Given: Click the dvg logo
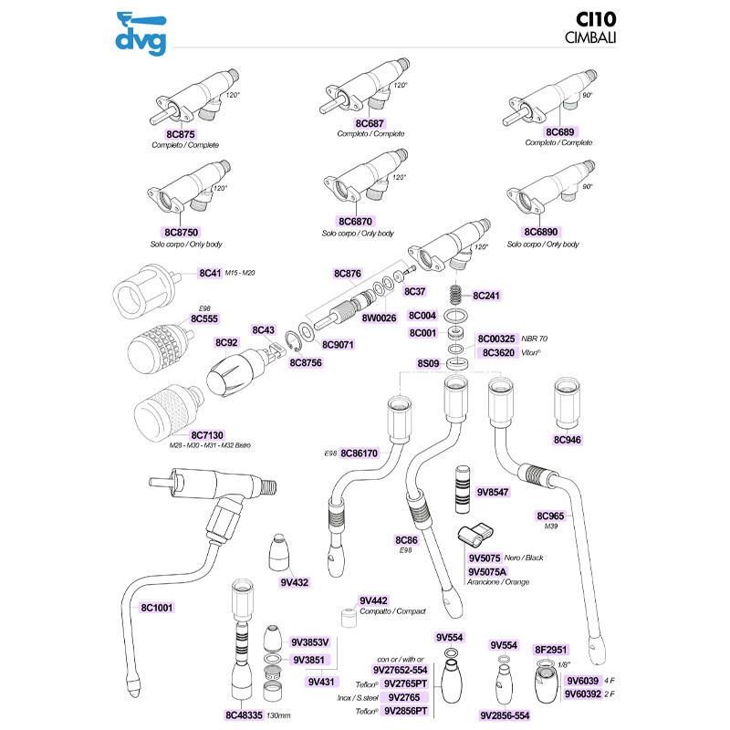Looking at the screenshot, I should click(141, 31).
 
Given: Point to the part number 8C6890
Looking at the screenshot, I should click(542, 233).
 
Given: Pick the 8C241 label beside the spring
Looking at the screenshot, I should click(486, 296).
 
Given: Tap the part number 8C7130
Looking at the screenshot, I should click(208, 435).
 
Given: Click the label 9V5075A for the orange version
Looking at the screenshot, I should click(490, 570).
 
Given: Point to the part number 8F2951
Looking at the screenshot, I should click(551, 645).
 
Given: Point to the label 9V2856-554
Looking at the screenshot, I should click(511, 715).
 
